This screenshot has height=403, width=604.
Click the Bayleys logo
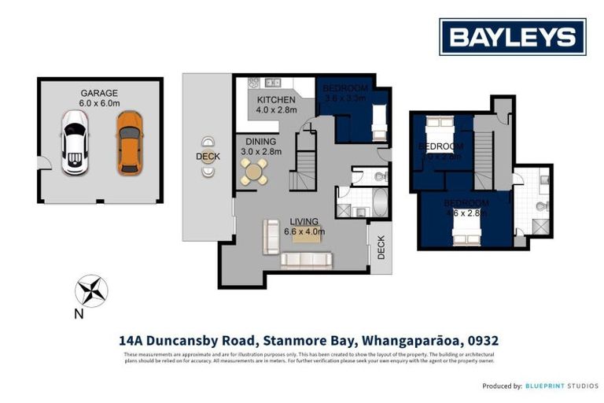coord(512,36)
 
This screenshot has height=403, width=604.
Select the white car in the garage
coord(75,142)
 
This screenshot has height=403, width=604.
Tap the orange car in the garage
coord(130,142)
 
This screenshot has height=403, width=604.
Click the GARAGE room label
coord(98,92)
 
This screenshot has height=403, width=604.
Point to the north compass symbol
coord(90,291)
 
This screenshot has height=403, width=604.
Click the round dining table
coord(254,171)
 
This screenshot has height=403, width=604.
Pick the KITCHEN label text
coord(277,100)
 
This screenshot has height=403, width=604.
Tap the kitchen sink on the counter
coord(271,82)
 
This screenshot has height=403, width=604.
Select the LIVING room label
coord(304,221)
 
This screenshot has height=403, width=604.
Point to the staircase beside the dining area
coord(304,161)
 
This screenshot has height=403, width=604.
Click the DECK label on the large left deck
coord(208,157)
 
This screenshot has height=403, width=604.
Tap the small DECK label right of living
coord(381,247)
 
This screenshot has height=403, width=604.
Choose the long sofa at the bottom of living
coord(306,259)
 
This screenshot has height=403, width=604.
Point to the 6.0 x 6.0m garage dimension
coord(99,103)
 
